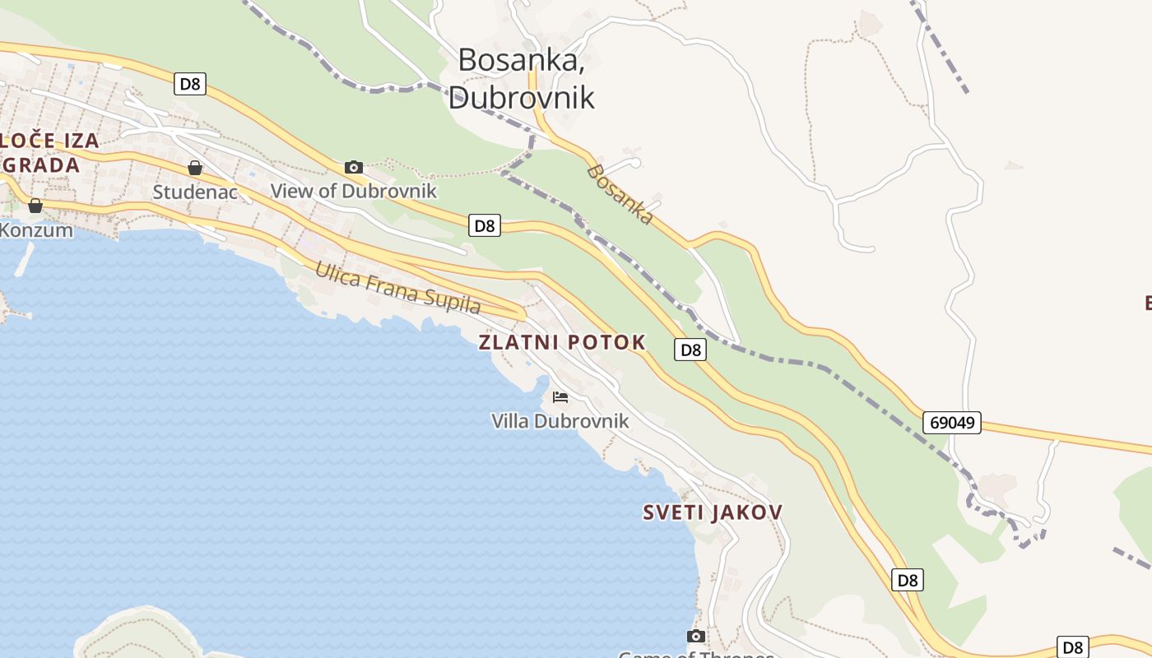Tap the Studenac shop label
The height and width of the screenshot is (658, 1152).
(195, 192)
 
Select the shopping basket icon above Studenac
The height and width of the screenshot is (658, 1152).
(195, 169)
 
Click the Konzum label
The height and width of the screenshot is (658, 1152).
(36, 230)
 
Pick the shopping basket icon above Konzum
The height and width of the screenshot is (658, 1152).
(35, 206)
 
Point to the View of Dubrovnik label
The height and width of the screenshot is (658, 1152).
(354, 192)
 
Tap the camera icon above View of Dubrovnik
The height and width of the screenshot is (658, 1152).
(354, 168)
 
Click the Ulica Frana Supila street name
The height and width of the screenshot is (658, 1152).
(397, 287)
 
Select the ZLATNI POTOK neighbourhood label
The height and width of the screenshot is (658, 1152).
(562, 343)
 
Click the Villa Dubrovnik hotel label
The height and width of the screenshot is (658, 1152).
(560, 421)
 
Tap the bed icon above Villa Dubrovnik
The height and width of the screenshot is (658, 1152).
(560, 397)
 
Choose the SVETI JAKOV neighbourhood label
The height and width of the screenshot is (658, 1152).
(713, 512)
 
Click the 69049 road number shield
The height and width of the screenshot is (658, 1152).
(952, 423)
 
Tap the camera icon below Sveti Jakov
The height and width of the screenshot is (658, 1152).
(696, 636)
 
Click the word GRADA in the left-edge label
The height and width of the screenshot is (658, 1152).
(41, 164)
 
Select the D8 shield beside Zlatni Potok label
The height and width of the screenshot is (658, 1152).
(691, 350)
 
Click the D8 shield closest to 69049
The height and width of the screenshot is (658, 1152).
(908, 580)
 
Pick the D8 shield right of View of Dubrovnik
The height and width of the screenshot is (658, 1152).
(485, 225)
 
